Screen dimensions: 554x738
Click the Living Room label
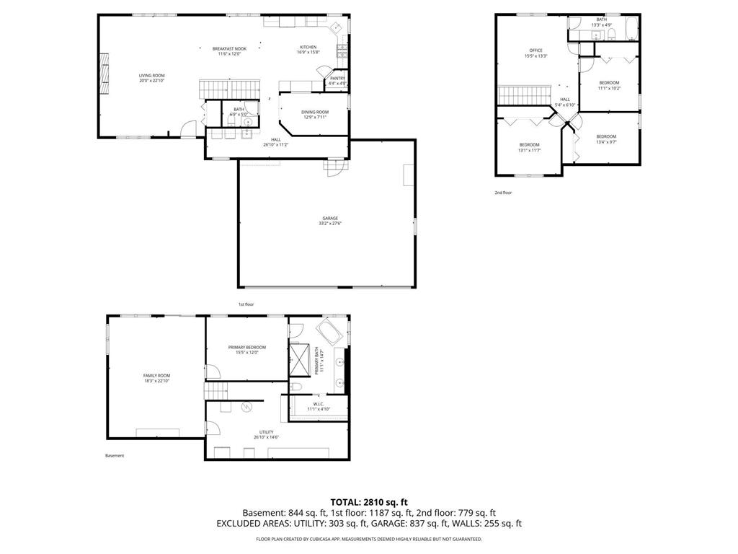[x=152, y=75]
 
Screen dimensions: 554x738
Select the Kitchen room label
[x=308, y=48]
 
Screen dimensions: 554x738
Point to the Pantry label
[x=337, y=78]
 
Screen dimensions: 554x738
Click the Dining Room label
[x=315, y=112]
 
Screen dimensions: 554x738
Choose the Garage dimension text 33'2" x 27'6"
[x=330, y=224]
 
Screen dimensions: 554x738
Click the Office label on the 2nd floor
[x=535, y=50]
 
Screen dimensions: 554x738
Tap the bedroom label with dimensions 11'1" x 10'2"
[x=609, y=83]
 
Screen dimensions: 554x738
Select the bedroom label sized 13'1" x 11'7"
[x=529, y=145]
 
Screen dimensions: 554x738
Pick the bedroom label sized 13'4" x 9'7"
[x=606, y=136]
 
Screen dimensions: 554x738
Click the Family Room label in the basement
[x=156, y=375]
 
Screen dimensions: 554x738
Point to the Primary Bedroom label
[x=247, y=347]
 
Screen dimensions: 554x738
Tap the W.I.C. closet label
[x=318, y=405]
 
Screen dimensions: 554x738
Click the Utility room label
[x=266, y=432]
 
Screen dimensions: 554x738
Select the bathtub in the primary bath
[x=332, y=333]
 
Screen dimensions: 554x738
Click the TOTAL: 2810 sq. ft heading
[x=369, y=501]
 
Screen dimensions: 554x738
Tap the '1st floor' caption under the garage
[x=246, y=304]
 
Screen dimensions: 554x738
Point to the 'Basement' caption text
[x=115, y=456]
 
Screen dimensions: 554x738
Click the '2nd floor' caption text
[x=503, y=193]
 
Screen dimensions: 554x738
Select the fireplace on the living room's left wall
[x=105, y=74]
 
